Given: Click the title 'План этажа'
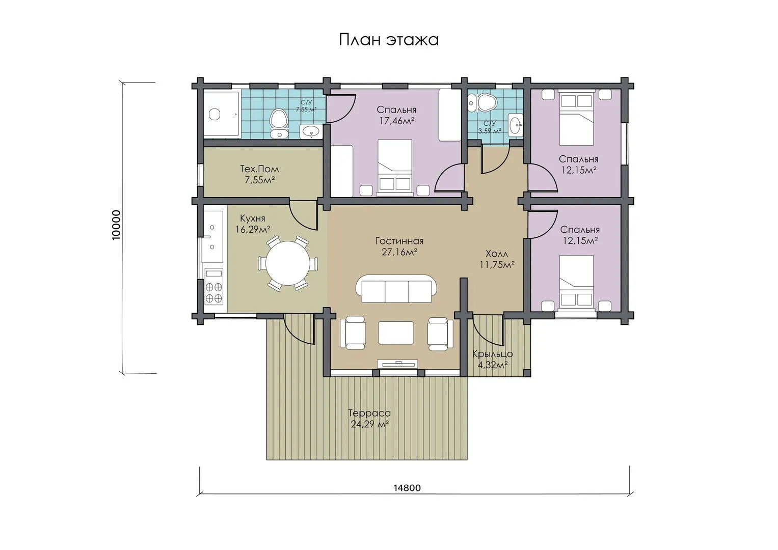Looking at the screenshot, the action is point(389,40).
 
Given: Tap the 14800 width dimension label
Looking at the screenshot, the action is point(407,488).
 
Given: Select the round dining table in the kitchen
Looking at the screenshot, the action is point(287,263).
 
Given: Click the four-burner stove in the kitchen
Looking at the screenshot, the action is point(213,286).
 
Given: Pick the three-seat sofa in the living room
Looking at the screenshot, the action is point(396,289).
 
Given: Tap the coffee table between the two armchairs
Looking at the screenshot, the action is point(396,332).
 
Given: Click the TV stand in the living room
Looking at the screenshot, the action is point(397,364).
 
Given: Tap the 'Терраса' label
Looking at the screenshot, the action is point(369,413).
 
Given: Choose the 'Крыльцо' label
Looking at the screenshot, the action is point(493,354).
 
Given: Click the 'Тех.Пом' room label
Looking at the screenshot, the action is point(259,169).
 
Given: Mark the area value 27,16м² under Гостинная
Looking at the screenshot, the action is point(399,252).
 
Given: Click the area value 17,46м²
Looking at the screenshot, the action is point(396,121).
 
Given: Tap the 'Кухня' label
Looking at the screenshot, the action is point(253,218).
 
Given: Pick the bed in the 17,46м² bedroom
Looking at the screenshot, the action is point(395,168).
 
